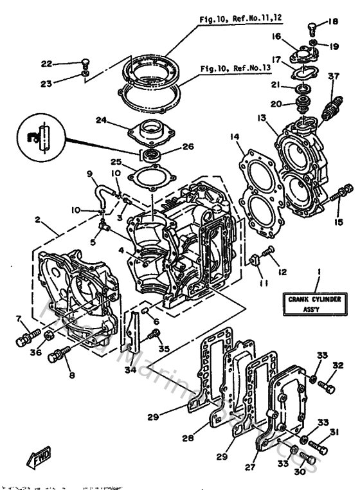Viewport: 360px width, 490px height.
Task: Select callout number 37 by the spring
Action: point(333,77)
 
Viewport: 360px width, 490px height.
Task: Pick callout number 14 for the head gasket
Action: point(234,136)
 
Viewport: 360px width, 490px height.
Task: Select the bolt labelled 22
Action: point(85,64)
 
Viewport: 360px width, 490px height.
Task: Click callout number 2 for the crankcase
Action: point(38,221)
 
